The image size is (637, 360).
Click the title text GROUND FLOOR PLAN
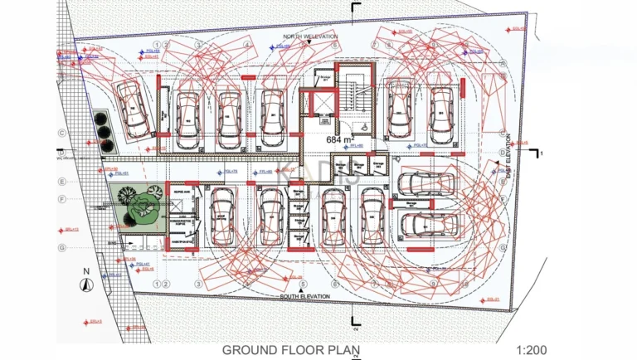click(x=286, y=350)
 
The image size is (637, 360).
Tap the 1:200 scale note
click(x=532, y=350)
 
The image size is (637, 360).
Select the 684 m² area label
click(x=338, y=140)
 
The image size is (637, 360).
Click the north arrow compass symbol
click(x=84, y=285)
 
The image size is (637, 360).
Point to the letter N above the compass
click(x=85, y=271)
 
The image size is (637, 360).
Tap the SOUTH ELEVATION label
click(x=304, y=296)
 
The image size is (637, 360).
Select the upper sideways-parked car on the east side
click(x=426, y=184)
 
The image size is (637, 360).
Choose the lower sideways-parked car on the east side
click(x=425, y=223)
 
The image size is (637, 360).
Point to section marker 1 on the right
click(x=540, y=154)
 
